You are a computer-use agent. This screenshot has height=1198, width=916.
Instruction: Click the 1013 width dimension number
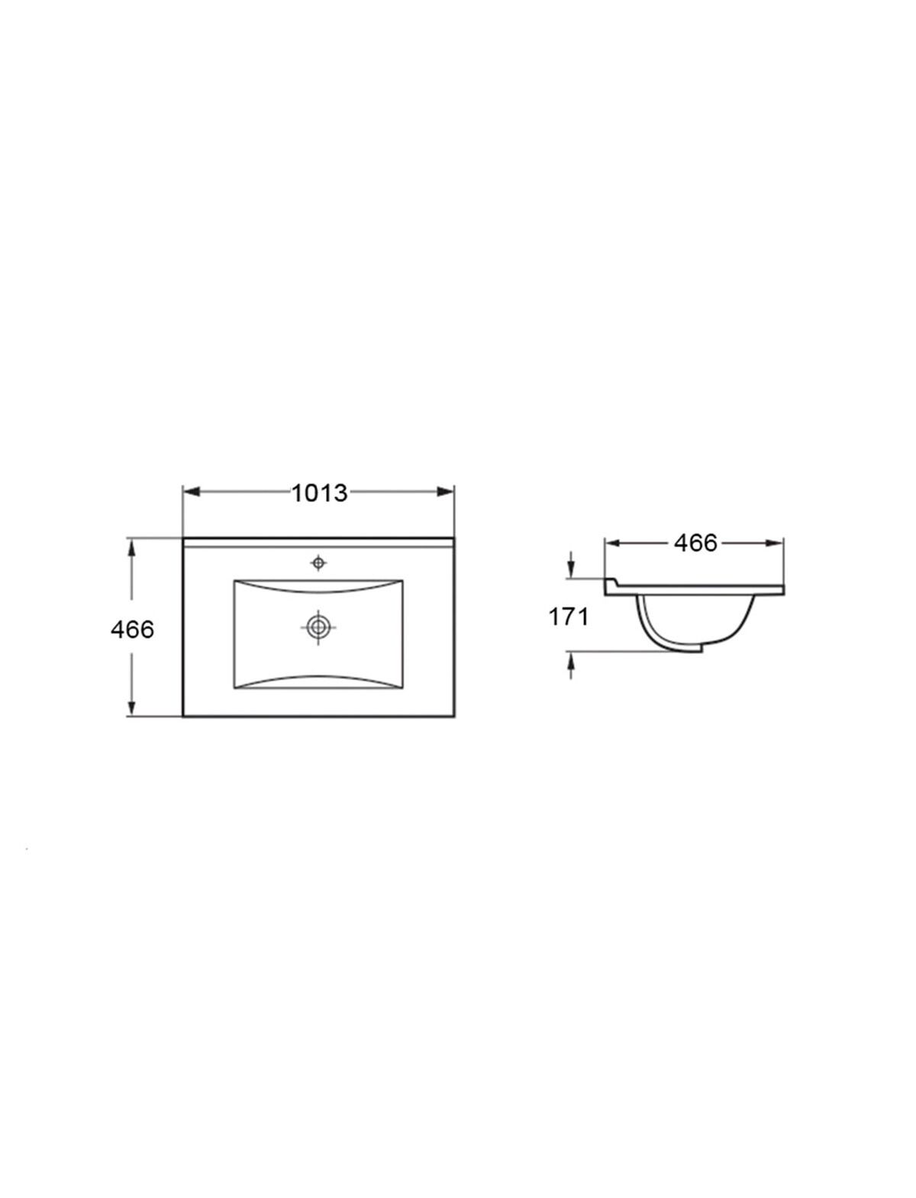(319, 493)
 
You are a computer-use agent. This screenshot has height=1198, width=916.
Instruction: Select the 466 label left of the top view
(132, 630)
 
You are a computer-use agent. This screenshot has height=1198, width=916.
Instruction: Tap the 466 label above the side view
(695, 543)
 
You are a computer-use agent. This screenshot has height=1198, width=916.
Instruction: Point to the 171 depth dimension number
(568, 617)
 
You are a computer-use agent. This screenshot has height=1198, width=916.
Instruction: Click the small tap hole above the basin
(318, 562)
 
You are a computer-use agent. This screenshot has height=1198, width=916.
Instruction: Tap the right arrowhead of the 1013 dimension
(445, 491)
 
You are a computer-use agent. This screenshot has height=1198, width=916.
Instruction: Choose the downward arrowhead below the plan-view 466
(131, 707)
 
